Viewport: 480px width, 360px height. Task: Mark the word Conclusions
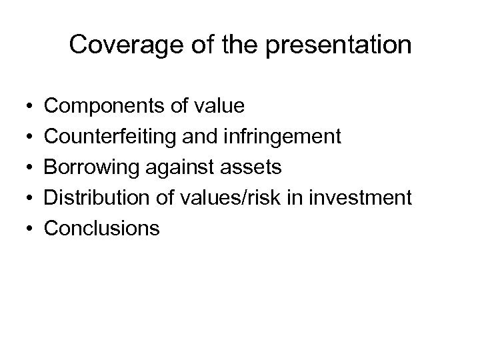[x=102, y=229]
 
